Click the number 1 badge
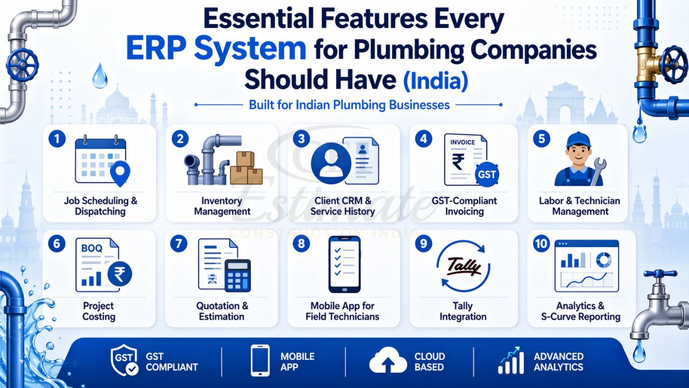point(57,139)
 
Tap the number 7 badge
point(178,244)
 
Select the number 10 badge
point(541,244)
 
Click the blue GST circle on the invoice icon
point(488,174)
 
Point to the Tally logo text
point(462,267)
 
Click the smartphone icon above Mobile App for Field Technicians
point(344,264)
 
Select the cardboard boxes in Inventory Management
point(246,168)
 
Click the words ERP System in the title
point(216,48)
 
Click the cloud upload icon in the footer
point(388,361)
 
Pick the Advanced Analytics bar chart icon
point(510,361)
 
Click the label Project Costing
point(99,311)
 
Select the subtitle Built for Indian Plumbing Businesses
point(349,105)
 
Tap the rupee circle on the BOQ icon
point(119,274)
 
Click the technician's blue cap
point(578,138)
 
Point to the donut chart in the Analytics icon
point(603,260)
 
